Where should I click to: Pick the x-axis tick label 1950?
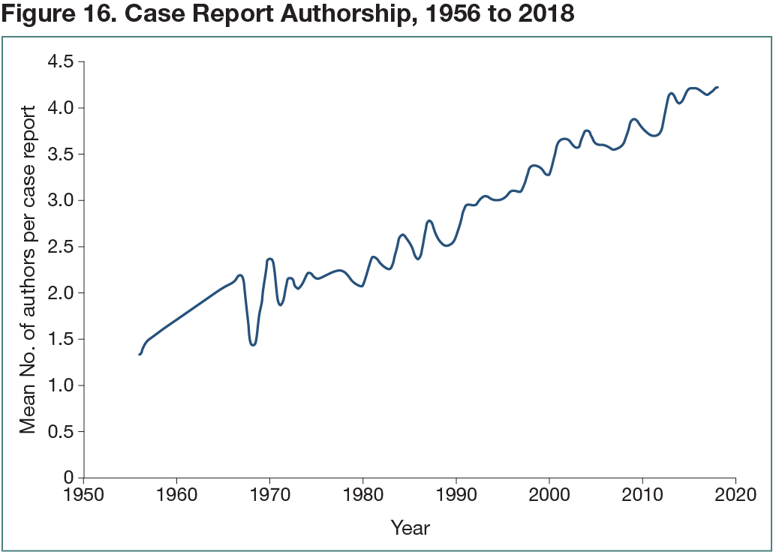tap(83, 495)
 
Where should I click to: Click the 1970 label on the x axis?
tap(269, 495)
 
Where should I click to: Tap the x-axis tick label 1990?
tap(456, 495)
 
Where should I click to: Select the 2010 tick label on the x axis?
tap(642, 495)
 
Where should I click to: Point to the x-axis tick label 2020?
tap(735, 495)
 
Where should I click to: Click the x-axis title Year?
tap(410, 528)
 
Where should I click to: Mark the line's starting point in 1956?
tap(140, 354)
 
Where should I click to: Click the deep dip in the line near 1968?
tap(253, 344)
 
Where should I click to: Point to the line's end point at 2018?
tap(717, 87)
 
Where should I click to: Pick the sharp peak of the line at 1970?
tap(270, 259)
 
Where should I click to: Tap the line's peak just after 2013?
tap(671, 93)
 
